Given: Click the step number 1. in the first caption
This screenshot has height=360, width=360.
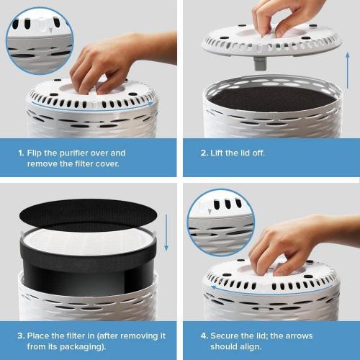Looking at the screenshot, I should point(22,153).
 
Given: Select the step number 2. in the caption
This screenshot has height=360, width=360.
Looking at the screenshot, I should point(202,153).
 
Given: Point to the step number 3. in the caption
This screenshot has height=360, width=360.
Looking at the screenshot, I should point(20,336).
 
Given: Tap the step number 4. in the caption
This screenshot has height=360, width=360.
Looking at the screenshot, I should point(203,336).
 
